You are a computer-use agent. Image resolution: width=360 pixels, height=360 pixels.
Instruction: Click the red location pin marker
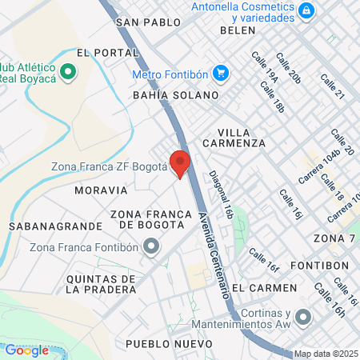coord(180,163)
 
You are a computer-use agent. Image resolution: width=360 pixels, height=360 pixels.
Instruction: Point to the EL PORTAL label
coord(98,52)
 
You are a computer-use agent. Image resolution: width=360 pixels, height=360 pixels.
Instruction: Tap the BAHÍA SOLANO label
coord(175,95)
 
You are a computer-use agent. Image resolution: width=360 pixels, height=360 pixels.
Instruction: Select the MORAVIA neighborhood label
coord(101,190)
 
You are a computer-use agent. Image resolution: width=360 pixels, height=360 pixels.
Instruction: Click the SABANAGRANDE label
coord(56,226)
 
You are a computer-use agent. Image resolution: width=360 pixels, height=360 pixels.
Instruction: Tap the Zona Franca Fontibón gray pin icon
coord(150,247)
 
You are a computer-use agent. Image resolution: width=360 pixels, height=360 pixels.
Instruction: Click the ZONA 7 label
coord(335,238)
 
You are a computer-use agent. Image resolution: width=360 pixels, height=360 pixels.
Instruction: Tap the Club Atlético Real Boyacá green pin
coord(68,71)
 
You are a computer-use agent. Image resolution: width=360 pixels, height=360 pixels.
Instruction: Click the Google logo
coord(27,350)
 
